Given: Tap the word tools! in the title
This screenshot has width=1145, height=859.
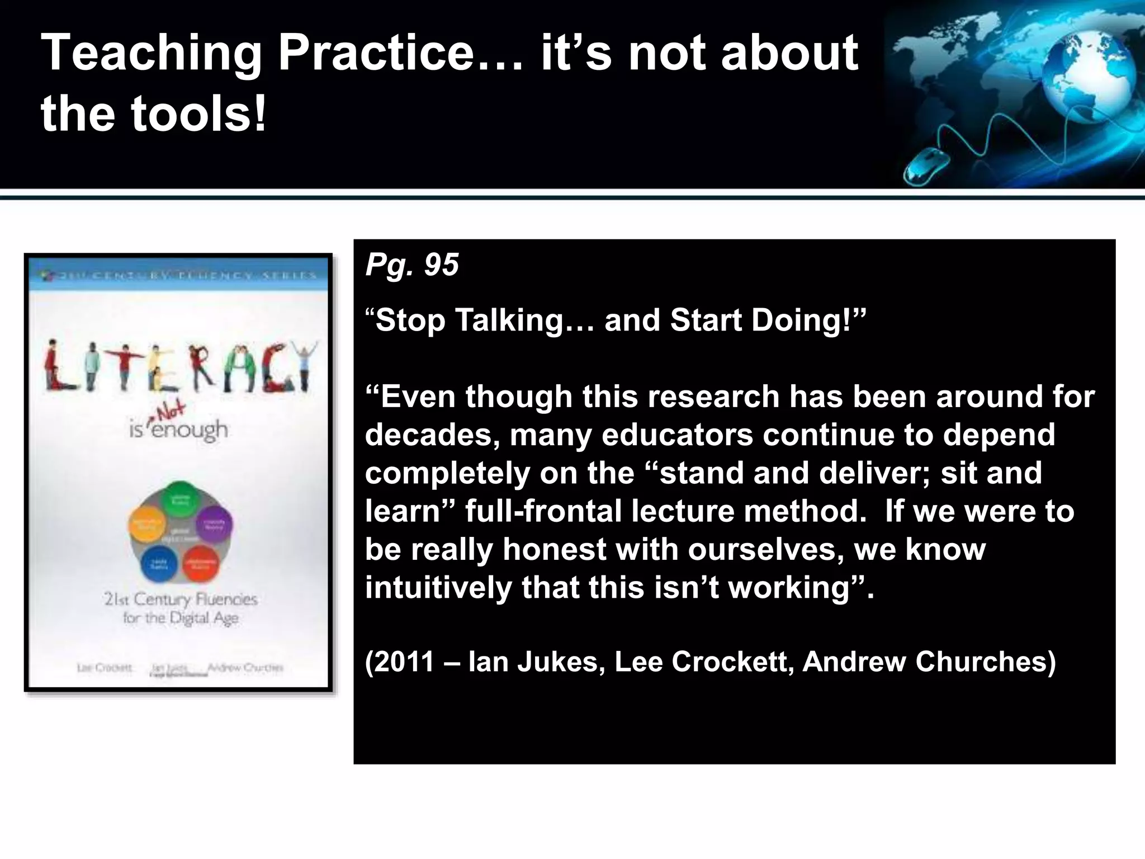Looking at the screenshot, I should click(x=198, y=114).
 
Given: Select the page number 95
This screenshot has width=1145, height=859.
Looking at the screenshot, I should click(x=441, y=265).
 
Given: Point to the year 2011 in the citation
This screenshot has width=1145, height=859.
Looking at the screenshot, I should click(x=404, y=662).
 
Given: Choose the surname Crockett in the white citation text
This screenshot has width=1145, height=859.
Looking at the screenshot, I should click(x=732, y=662).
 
